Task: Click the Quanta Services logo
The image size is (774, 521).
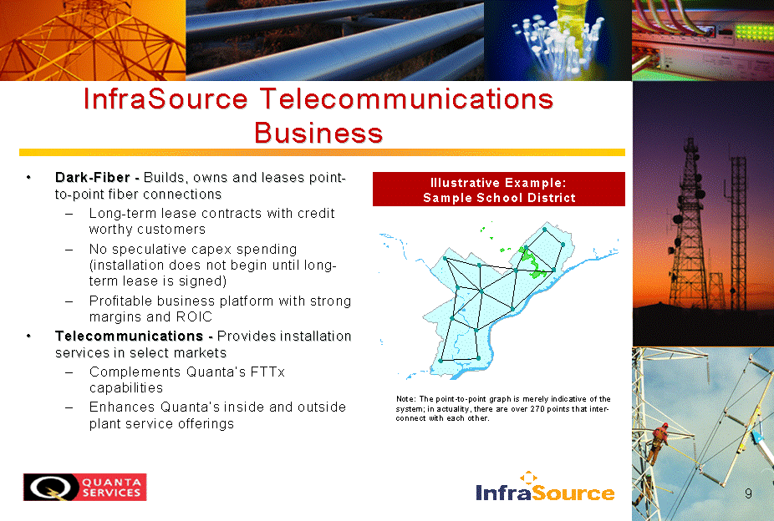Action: click(x=85, y=487)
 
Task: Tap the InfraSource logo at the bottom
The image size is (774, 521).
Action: click(x=546, y=487)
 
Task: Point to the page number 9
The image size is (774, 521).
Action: click(x=748, y=493)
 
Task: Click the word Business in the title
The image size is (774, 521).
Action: click(x=318, y=133)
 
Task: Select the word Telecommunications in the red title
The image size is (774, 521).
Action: click(x=406, y=99)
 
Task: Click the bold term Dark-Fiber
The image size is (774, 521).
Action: click(x=92, y=177)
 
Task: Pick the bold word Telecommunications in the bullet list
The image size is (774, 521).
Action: click(x=129, y=336)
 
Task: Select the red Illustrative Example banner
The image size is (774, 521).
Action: click(x=498, y=190)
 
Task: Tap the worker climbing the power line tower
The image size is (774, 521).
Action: click(x=659, y=441)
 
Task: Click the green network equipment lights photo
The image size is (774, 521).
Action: click(x=703, y=40)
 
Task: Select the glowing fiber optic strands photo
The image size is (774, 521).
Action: click(x=558, y=40)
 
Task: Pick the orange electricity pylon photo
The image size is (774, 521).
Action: click(x=93, y=40)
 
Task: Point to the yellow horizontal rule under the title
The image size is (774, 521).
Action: click(x=322, y=152)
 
